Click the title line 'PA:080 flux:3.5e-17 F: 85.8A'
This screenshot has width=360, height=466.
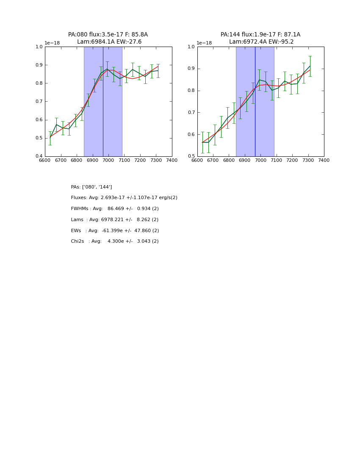(108, 35)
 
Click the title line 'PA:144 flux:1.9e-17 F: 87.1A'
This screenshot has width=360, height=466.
(260, 35)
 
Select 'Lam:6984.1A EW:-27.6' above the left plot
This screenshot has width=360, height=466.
(109, 42)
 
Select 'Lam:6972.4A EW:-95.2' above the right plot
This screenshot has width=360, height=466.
(261, 42)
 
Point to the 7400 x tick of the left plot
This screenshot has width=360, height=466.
(172, 160)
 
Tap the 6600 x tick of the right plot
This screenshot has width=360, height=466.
(197, 160)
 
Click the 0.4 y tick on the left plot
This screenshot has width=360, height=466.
(39, 156)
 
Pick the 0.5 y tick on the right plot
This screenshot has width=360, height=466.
(191, 156)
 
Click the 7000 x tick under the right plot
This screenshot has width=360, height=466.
(260, 160)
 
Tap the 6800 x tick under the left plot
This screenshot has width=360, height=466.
(77, 160)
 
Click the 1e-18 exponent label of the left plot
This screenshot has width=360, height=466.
(52, 43)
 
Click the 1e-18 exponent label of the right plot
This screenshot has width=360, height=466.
(204, 43)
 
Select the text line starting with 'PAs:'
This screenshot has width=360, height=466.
(91, 187)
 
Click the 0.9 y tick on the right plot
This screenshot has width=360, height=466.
(191, 69)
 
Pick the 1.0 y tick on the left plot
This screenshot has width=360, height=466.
(39, 47)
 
